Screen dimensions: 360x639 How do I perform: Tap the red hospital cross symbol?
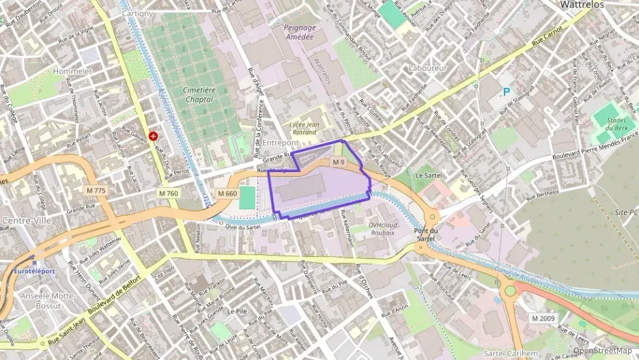(152, 137)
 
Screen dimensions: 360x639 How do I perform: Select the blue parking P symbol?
(507, 92)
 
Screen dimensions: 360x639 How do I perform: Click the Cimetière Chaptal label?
(188, 94)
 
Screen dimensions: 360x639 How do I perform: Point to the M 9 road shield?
(339, 162)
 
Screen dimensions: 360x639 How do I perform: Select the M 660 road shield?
(227, 194)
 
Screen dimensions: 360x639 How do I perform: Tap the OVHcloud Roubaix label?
(382, 228)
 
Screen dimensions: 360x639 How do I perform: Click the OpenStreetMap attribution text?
(602, 351)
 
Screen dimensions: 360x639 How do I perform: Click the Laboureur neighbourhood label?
(427, 68)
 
